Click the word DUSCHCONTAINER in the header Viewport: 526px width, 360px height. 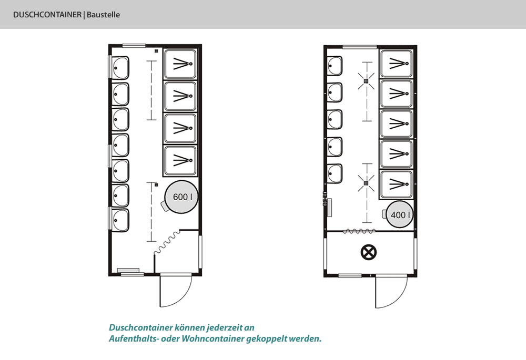pyautogui.click(x=47, y=15)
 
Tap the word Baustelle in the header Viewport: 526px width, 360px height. pyautogui.click(x=103, y=15)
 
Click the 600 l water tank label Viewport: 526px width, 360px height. pyautogui.click(x=183, y=197)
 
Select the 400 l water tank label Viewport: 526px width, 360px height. pyautogui.click(x=400, y=214)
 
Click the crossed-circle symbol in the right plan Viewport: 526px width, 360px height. pyautogui.click(x=368, y=252)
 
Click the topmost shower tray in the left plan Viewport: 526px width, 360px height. pyautogui.click(x=180, y=64)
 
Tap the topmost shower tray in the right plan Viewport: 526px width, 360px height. pyautogui.click(x=396, y=64)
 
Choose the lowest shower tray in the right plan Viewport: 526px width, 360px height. pyautogui.click(x=396, y=184)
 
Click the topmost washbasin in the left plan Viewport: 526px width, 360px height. pyautogui.click(x=120, y=68)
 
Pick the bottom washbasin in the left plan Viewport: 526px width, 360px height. pyautogui.click(x=120, y=220)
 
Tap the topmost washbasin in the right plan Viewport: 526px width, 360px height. pyautogui.click(x=335, y=66)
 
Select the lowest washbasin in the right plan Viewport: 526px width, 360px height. pyautogui.click(x=335, y=173)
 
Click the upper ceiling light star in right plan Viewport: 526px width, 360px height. pyautogui.click(x=366, y=81)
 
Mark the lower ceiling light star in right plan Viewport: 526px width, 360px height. pyautogui.click(x=366, y=183)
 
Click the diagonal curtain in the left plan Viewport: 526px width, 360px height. pyautogui.click(x=167, y=242)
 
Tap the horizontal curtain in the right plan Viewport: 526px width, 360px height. pyautogui.click(x=360, y=231)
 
